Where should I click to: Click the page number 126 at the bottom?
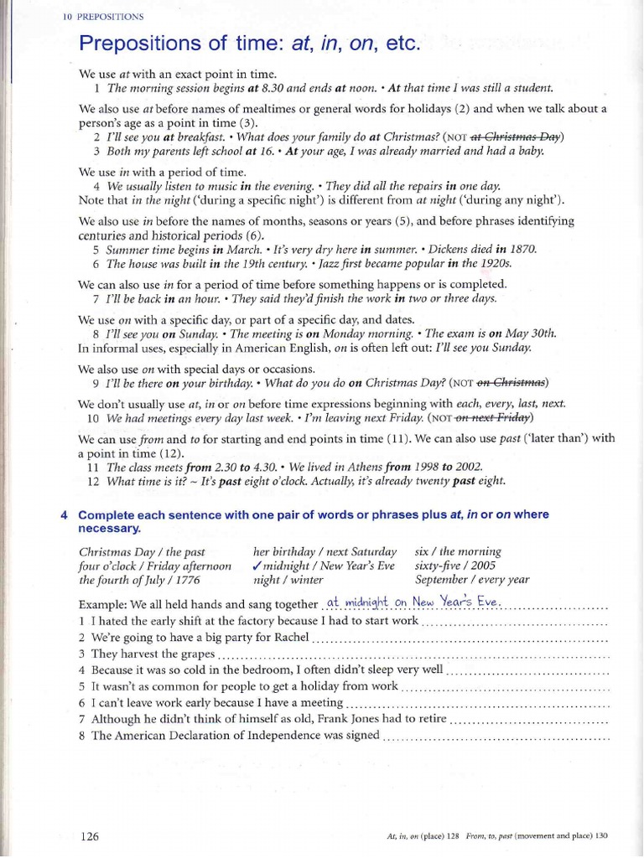point(90,836)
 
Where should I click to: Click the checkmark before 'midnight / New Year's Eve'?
point(257,566)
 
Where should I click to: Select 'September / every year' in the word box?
point(472,580)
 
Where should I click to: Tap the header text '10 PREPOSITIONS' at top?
point(104,16)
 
